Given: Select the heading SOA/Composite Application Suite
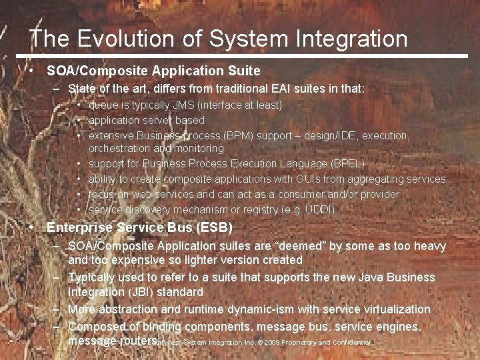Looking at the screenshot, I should (x=153, y=70).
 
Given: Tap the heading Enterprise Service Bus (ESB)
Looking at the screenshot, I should (x=139, y=228).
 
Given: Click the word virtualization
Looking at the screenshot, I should (x=393, y=309).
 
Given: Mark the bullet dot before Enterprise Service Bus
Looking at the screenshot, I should (x=32, y=228).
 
